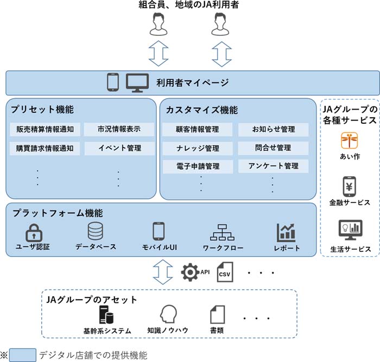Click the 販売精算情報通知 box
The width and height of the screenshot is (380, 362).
coord(45,130)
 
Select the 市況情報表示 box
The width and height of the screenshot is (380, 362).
coord(119,130)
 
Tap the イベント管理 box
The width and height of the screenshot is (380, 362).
coord(119,148)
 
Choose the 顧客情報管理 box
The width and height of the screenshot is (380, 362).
coord(198,130)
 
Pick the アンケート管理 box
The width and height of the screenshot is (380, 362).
coord(273,166)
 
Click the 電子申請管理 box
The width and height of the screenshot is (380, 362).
coord(198,166)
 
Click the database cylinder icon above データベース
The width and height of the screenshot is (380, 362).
coord(96,232)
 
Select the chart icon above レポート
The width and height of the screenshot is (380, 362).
coord(286,232)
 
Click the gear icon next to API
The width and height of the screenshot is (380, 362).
coord(191,272)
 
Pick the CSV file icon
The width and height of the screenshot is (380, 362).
coord(224,272)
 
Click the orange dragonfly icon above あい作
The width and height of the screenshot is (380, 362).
coord(347,140)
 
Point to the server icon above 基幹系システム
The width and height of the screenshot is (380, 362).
coord(106,315)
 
